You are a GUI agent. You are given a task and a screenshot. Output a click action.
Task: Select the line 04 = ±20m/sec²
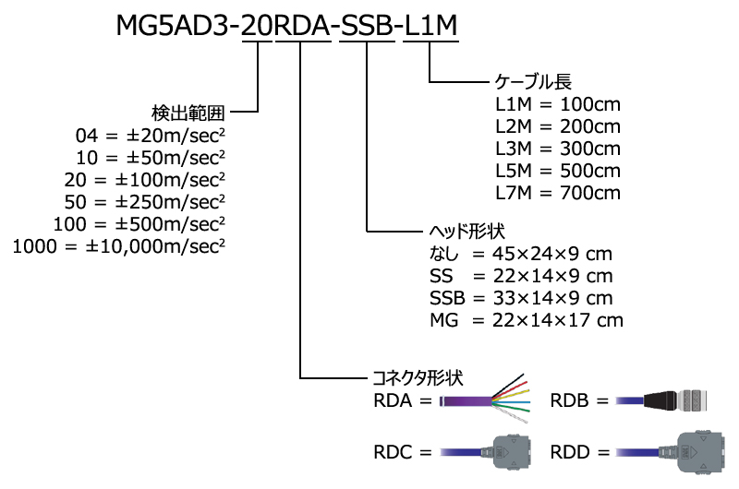(x=151, y=136)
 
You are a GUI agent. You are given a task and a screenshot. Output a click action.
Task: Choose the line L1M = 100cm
(x=558, y=103)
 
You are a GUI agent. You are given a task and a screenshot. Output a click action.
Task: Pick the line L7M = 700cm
(x=558, y=193)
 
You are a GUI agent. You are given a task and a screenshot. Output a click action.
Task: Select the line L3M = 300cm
(x=558, y=148)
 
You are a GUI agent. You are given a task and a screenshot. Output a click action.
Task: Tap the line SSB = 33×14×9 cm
(x=521, y=298)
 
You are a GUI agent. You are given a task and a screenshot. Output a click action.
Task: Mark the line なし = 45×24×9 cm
(x=521, y=254)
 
